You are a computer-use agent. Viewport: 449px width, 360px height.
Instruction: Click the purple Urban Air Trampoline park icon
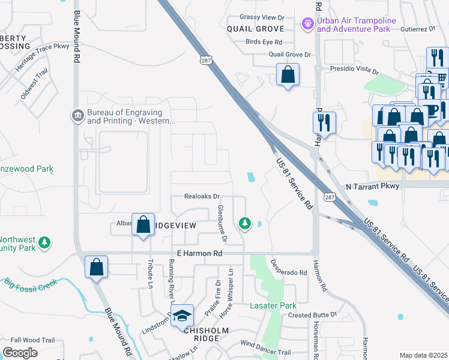tap(307, 24)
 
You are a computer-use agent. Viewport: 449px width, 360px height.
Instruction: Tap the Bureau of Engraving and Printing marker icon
tap(77, 115)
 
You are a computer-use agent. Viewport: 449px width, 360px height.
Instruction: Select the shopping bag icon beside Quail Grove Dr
tap(288, 75)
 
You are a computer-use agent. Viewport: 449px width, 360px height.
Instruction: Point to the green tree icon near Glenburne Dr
tap(244, 224)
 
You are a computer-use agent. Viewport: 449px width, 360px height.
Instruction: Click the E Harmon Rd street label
tap(196, 254)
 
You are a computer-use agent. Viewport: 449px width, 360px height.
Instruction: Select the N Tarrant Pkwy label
tap(372, 187)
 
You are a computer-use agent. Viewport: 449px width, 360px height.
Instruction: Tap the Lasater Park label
tap(270, 305)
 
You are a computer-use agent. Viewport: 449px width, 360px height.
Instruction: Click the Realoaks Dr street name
tap(203, 197)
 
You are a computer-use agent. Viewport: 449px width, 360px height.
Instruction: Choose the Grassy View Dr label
tap(261, 17)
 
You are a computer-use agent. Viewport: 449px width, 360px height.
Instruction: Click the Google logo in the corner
tap(20, 353)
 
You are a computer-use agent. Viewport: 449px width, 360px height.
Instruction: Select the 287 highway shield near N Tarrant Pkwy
tap(328, 197)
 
